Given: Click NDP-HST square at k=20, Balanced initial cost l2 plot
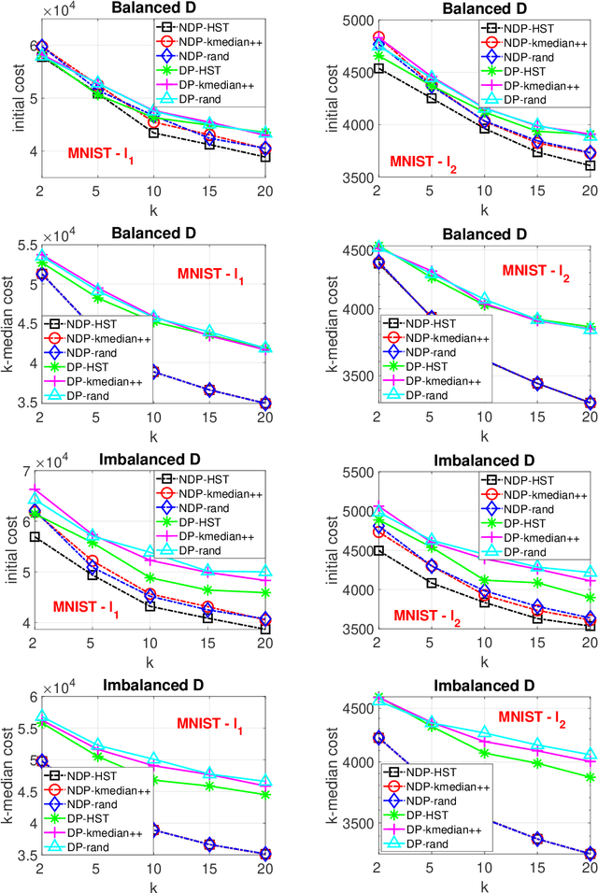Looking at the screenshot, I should point(589,166).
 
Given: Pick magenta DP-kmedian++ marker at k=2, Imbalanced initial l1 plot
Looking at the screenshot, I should point(36,490).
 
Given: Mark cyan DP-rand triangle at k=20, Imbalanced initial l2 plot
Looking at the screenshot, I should point(589,573).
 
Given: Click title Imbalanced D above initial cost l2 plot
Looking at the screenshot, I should point(483,461).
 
